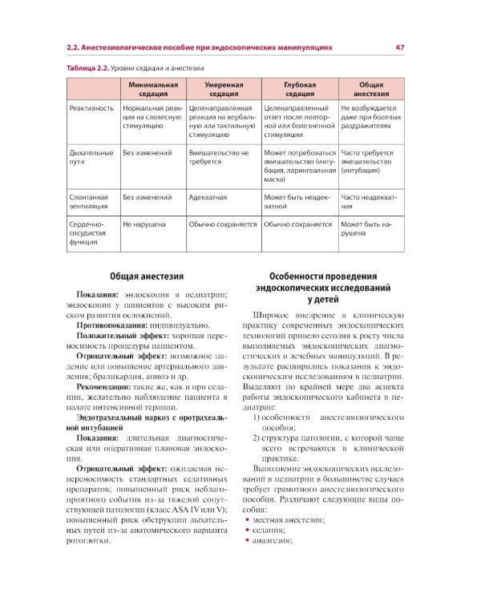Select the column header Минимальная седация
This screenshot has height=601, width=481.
pos(151,88)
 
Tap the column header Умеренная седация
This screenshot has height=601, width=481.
pos(223,88)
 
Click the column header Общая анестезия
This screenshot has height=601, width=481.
pos(370,88)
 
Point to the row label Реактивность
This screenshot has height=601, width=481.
pos(91,107)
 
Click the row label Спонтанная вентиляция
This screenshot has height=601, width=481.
pos(89,201)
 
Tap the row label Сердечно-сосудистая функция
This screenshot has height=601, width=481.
pos(89,232)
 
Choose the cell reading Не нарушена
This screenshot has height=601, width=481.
pos(144,225)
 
